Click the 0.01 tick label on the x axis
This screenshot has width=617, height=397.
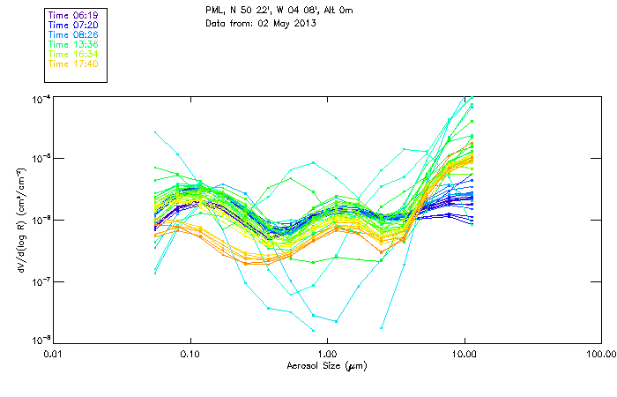(x=54, y=355)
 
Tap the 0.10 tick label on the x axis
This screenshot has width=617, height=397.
(x=190, y=355)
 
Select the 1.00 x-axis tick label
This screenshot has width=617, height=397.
(x=327, y=355)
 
